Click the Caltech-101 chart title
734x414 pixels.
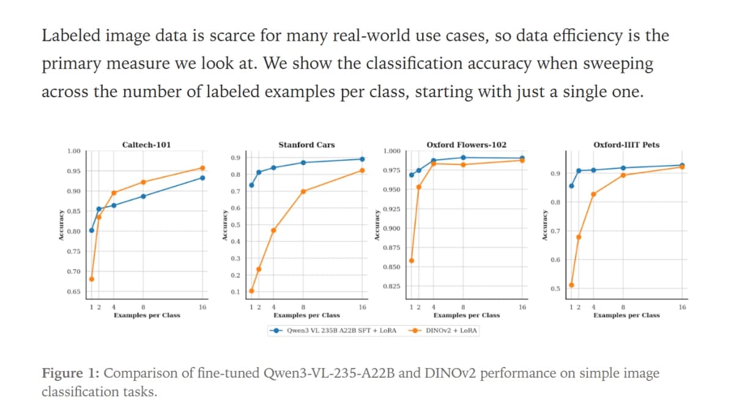147,145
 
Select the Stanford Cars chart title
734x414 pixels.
306,145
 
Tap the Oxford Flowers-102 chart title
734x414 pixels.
467,145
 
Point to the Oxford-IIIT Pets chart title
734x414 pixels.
626,145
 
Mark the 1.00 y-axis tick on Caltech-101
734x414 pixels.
73,151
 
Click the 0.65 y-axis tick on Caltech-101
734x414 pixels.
73,292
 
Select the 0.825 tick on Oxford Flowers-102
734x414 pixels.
391,286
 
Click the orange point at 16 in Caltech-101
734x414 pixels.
202,168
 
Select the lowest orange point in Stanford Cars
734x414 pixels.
251,290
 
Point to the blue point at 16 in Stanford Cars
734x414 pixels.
362,159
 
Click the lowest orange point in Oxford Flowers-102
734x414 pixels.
411,261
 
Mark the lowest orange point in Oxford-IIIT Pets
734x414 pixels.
571,285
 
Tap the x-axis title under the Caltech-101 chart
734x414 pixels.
147,316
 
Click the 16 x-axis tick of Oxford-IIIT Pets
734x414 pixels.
682,307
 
